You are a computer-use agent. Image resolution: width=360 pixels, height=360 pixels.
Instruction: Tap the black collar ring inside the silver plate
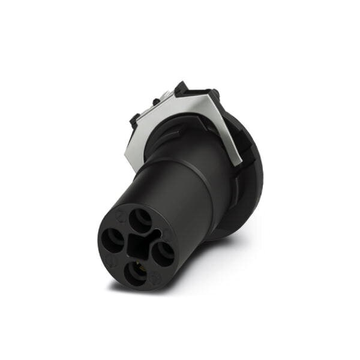[180, 132]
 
